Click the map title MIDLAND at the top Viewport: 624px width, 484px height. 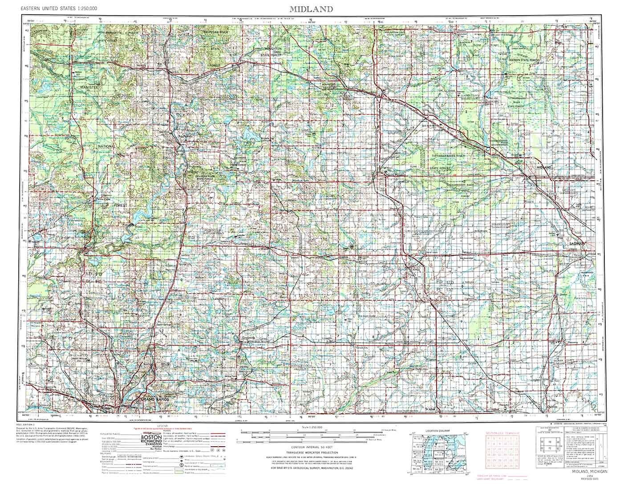[x=311, y=8]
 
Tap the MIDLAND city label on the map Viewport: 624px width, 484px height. [x=544, y=167]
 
